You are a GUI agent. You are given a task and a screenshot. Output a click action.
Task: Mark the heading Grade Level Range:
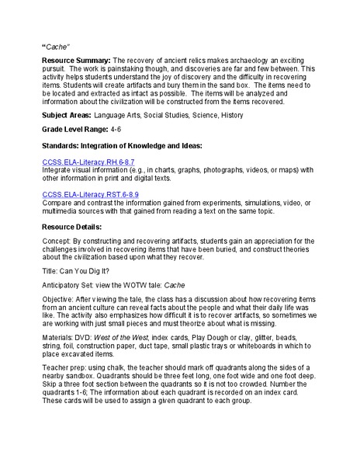[75, 129]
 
